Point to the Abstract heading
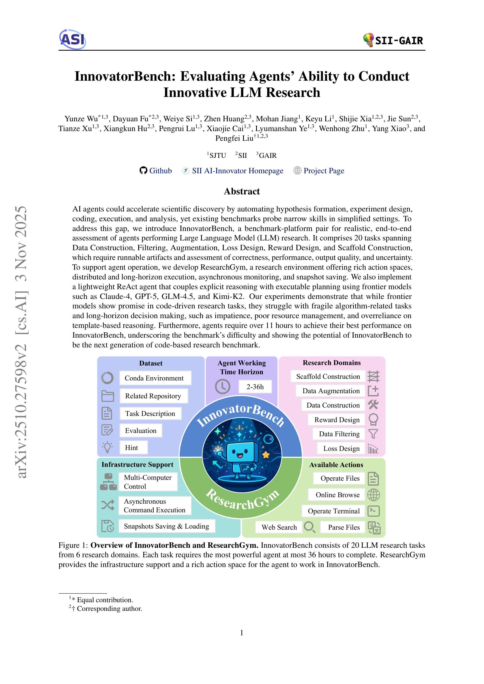click(x=242, y=191)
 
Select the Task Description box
click(x=150, y=413)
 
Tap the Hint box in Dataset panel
click(x=131, y=447)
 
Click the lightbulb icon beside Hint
click(x=107, y=447)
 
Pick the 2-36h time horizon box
click(x=255, y=387)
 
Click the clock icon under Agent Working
click(x=222, y=387)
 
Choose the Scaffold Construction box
click(x=328, y=377)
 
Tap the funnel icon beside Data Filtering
click(x=373, y=434)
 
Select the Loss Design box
click(x=341, y=448)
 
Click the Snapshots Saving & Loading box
click(x=166, y=526)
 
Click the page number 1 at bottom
click(x=242, y=633)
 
